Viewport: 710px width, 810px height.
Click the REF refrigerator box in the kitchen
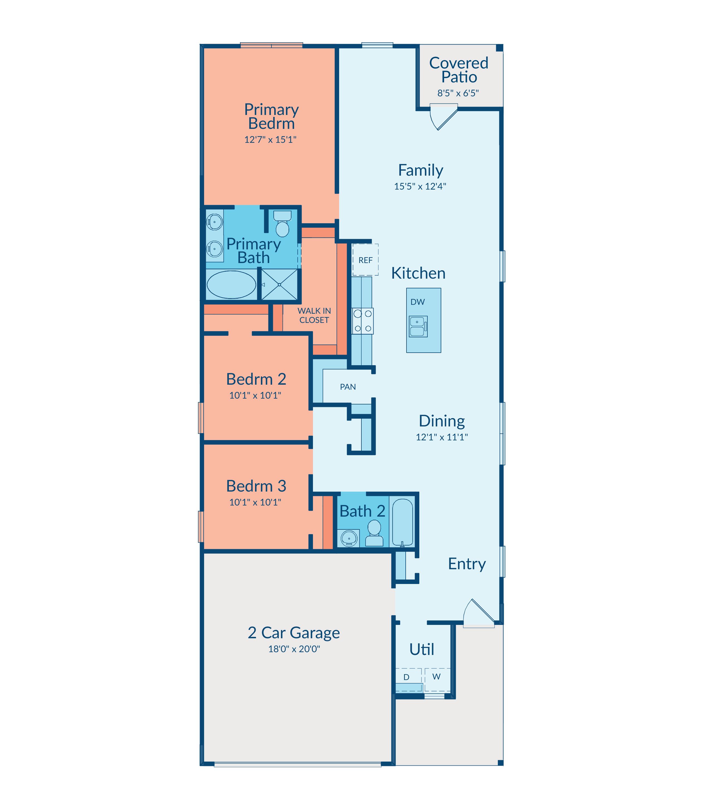coord(365,259)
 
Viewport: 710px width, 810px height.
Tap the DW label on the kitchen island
coord(418,302)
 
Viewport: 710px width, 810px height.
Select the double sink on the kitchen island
coord(418,327)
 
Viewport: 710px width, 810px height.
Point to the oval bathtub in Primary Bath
coord(231,284)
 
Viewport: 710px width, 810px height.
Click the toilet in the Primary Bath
coord(283,224)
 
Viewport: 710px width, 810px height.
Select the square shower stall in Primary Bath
coord(279,284)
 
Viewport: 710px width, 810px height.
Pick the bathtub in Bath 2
coord(403,522)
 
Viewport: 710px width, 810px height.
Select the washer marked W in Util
coord(437,680)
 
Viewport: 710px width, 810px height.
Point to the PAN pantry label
coord(348,387)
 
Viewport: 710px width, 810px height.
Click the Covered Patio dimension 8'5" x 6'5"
coord(458,93)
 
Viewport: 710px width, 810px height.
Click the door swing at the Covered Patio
coord(444,117)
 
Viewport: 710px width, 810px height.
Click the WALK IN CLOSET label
coord(314,315)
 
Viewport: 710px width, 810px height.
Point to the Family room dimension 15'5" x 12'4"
coord(420,186)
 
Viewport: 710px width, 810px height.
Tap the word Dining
coord(442,421)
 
